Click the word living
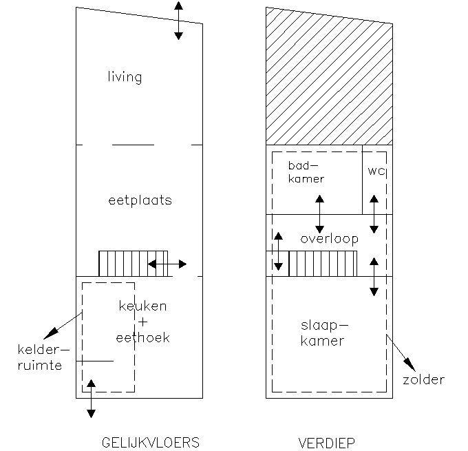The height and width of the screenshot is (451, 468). (125, 76)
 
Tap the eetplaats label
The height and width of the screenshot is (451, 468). (140, 201)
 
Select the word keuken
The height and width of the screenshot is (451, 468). (142, 306)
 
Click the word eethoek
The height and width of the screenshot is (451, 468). (142, 337)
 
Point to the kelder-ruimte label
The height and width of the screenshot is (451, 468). (40, 357)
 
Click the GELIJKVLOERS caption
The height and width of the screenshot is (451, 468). (150, 442)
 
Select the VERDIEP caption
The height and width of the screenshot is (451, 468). (327, 442)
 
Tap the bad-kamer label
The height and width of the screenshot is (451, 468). (306, 172)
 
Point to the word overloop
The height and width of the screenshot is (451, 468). (329, 239)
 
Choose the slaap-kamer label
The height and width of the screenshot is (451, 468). (322, 333)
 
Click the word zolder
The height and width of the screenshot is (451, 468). (424, 379)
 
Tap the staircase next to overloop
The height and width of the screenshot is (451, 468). (322, 263)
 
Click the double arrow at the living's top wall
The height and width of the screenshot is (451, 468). (178, 20)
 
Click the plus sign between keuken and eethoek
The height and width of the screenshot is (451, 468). (143, 322)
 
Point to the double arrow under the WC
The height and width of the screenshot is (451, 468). (374, 214)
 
